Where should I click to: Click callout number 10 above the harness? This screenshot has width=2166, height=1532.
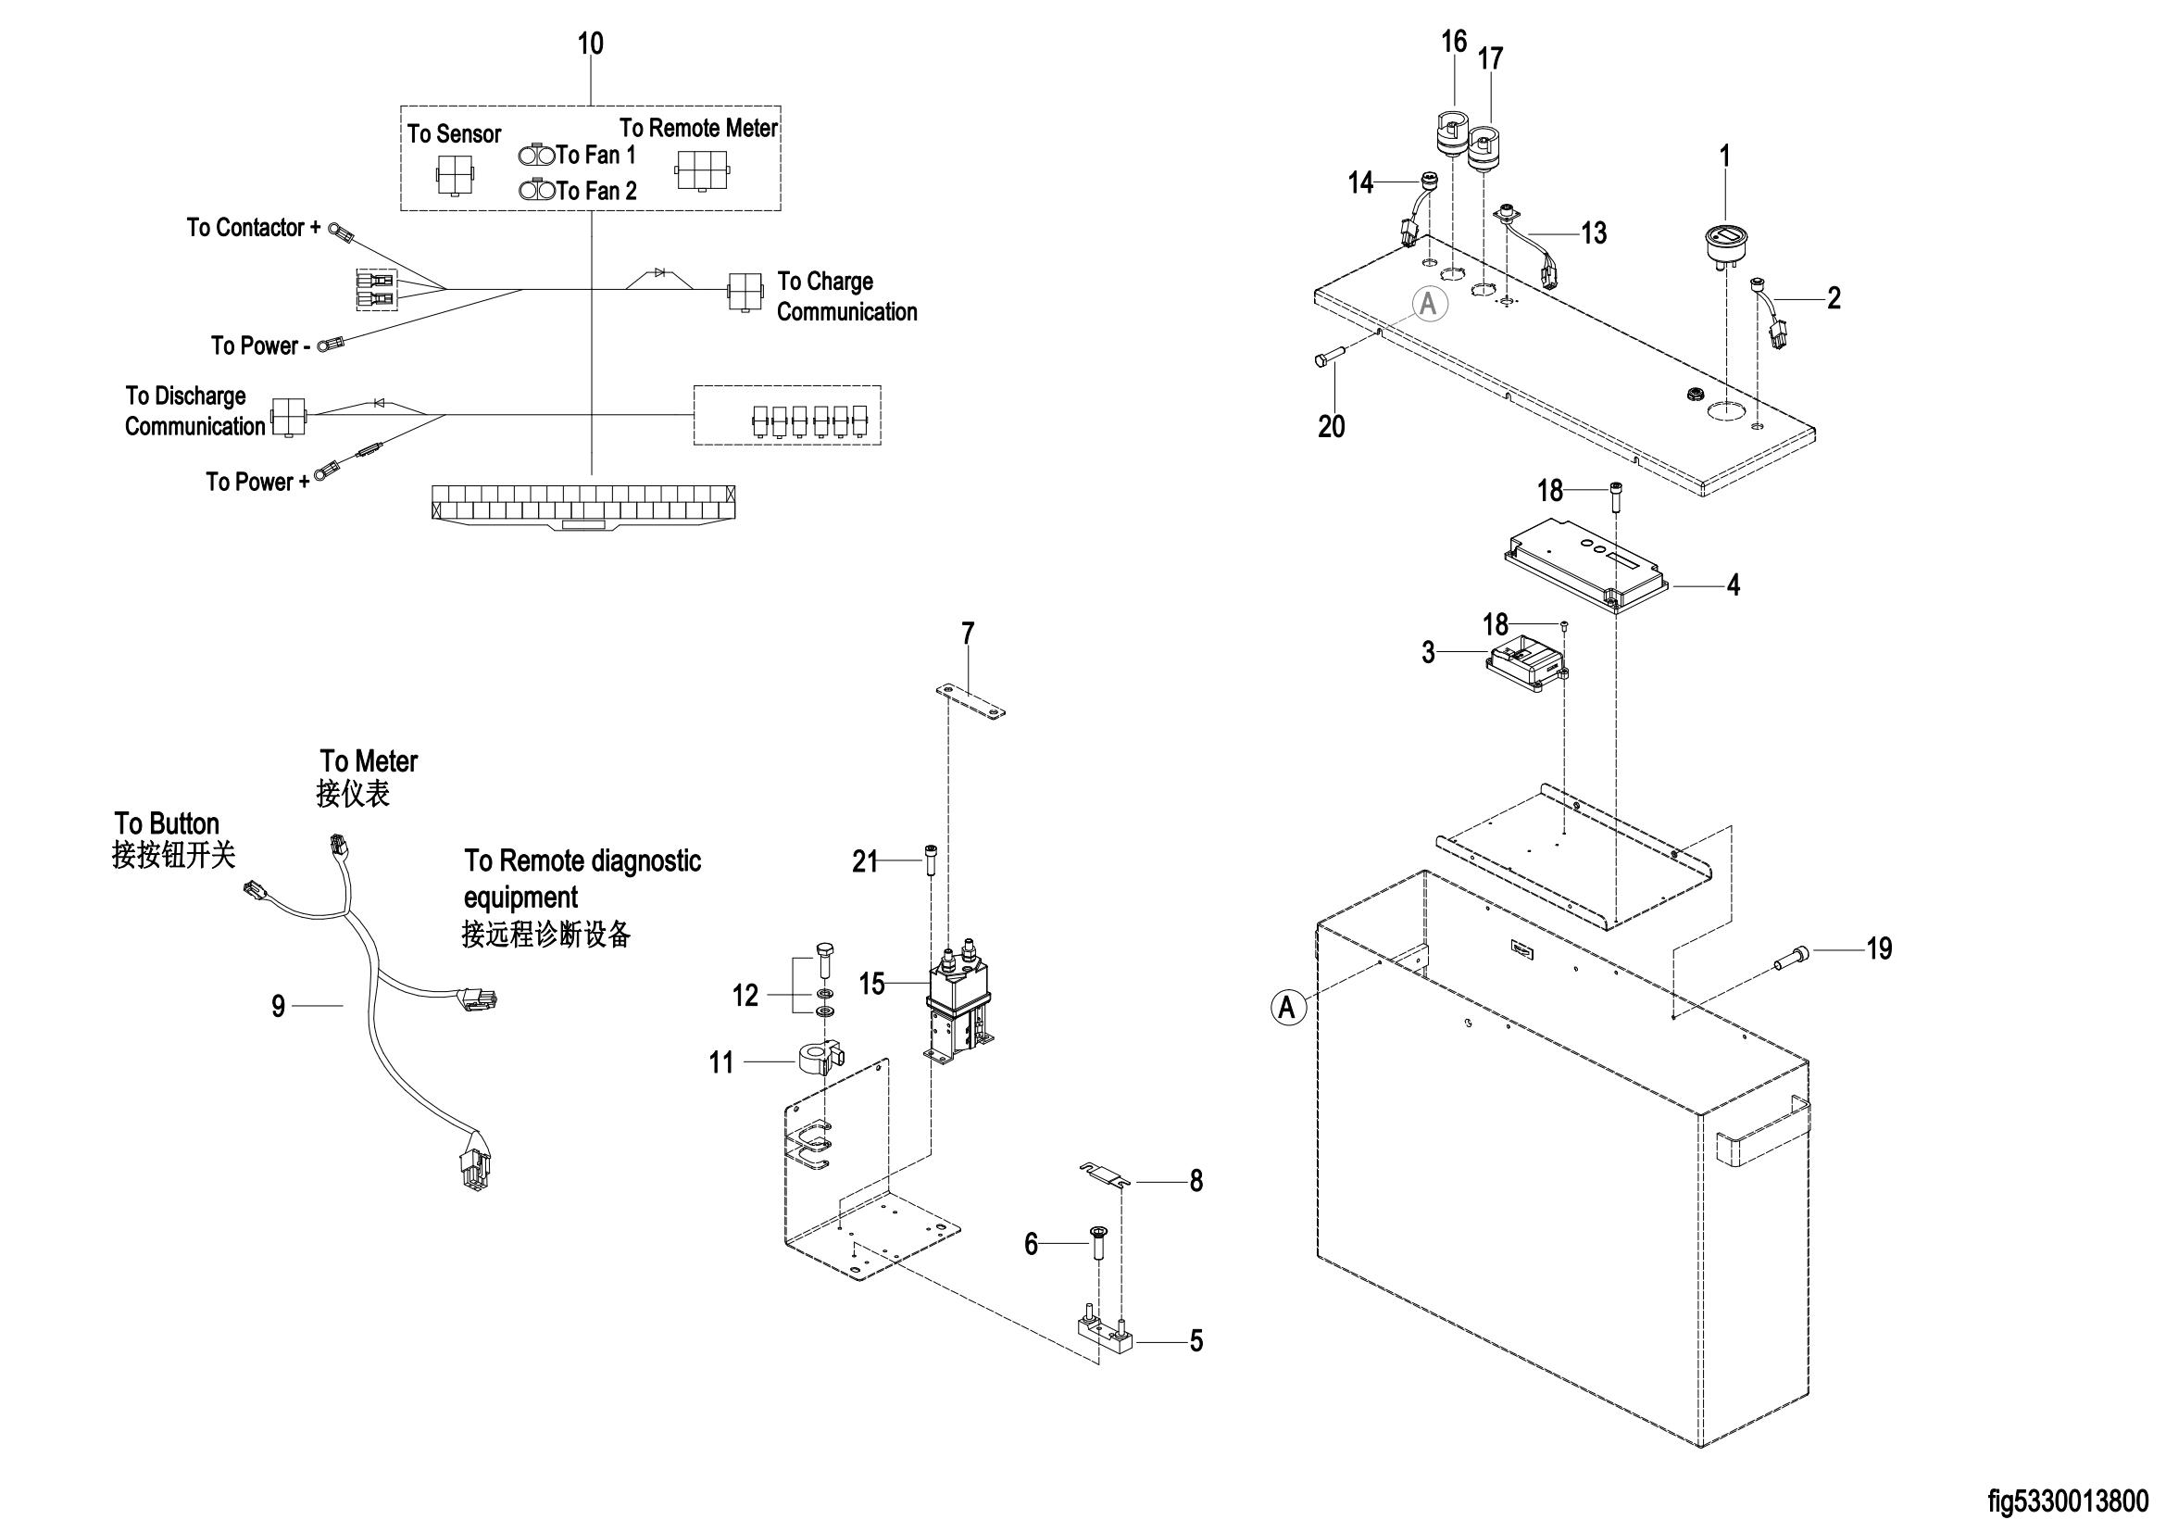tap(591, 44)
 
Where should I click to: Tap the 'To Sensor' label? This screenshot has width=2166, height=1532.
tap(455, 134)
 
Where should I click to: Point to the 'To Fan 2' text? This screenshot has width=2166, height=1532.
tap(596, 191)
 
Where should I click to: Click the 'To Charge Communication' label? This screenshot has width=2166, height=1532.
tap(846, 296)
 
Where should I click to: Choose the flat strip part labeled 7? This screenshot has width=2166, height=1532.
tap(970, 702)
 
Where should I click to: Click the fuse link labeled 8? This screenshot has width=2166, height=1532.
tap(1106, 1176)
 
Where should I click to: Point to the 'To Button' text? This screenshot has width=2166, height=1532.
tap(167, 823)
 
